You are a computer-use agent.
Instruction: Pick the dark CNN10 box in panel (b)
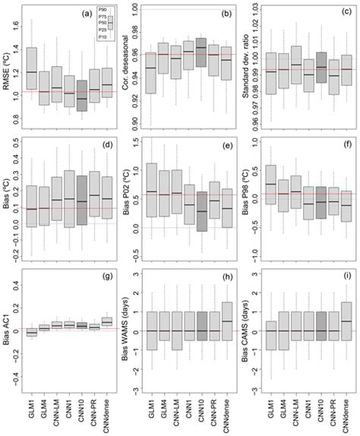201,52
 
